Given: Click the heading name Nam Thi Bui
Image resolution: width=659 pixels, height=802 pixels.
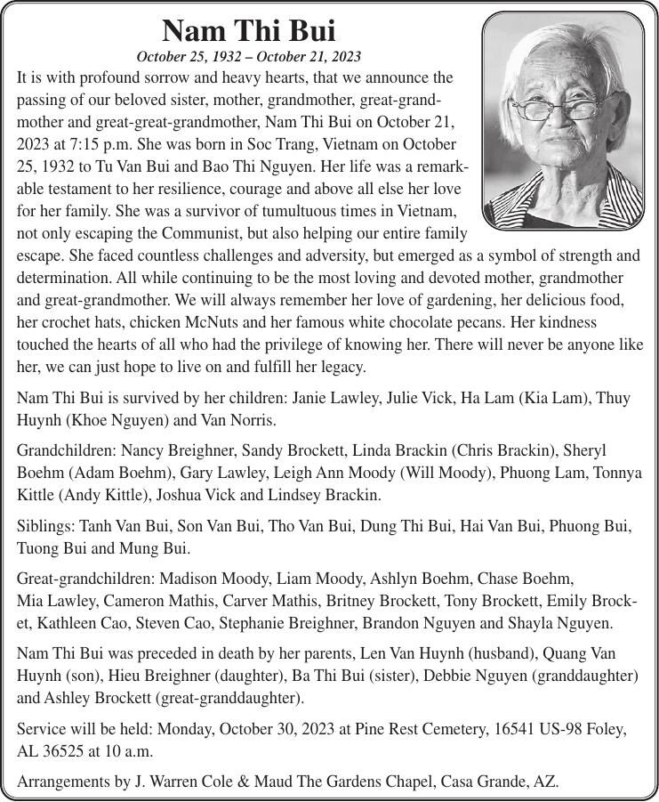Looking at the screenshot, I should click(x=248, y=31).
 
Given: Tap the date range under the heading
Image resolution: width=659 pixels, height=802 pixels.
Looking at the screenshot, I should click(x=248, y=58).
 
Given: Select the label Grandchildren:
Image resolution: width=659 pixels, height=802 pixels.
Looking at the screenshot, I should click(x=65, y=451).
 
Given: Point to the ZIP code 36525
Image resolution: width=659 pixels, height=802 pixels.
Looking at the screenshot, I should click(x=64, y=750).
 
